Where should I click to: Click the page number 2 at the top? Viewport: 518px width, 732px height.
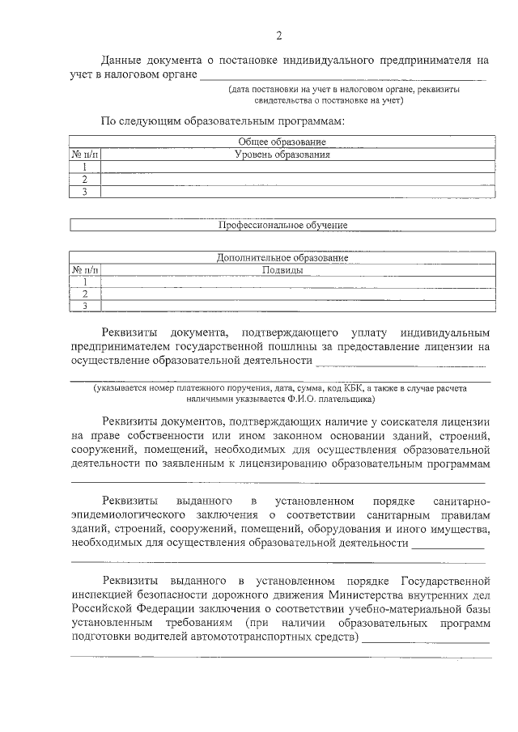pyautogui.click(x=280, y=35)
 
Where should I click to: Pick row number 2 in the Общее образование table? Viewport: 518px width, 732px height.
pyautogui.click(x=84, y=180)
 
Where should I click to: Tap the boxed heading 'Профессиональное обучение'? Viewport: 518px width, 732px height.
pyautogui.click(x=282, y=226)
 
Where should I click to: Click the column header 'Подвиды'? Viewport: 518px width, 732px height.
pyautogui.click(x=283, y=269)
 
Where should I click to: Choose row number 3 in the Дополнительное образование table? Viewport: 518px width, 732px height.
pyautogui.click(x=84, y=306)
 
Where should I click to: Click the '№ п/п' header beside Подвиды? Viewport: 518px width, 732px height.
pyautogui.click(x=85, y=269)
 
